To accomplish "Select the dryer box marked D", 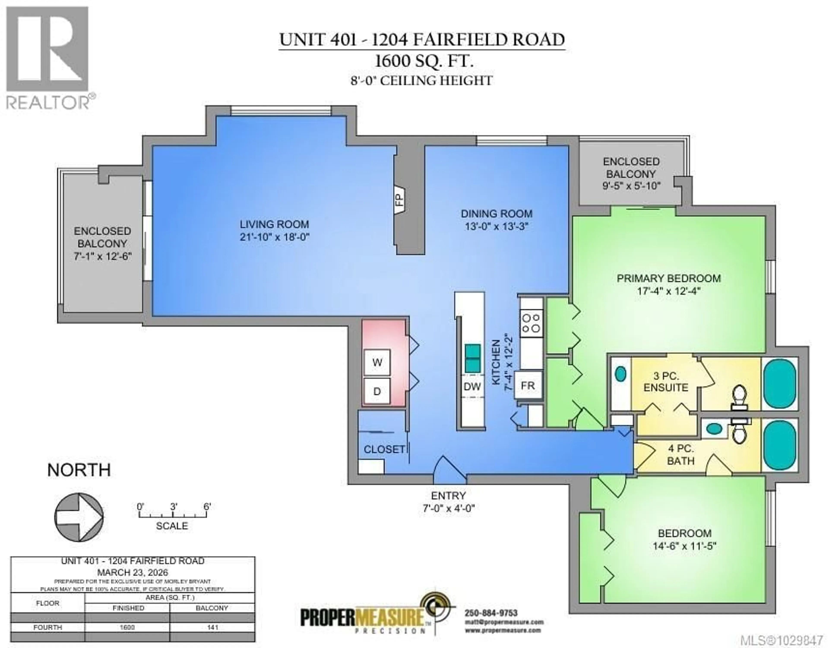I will pyautogui.click(x=377, y=391).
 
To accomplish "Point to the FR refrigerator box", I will pyautogui.click(x=528, y=385).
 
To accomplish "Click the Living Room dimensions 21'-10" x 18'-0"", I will pyautogui.click(x=274, y=237).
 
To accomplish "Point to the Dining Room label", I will pyautogui.click(x=497, y=214).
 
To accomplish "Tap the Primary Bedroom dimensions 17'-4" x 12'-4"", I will pyautogui.click(x=668, y=291).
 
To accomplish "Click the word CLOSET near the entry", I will pyautogui.click(x=384, y=449).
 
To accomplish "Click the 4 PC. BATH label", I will pyautogui.click(x=681, y=454).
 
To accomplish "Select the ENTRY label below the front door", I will pyautogui.click(x=448, y=495).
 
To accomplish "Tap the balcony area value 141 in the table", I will pyautogui.click(x=213, y=628).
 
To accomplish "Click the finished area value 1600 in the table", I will pyautogui.click(x=127, y=628).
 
